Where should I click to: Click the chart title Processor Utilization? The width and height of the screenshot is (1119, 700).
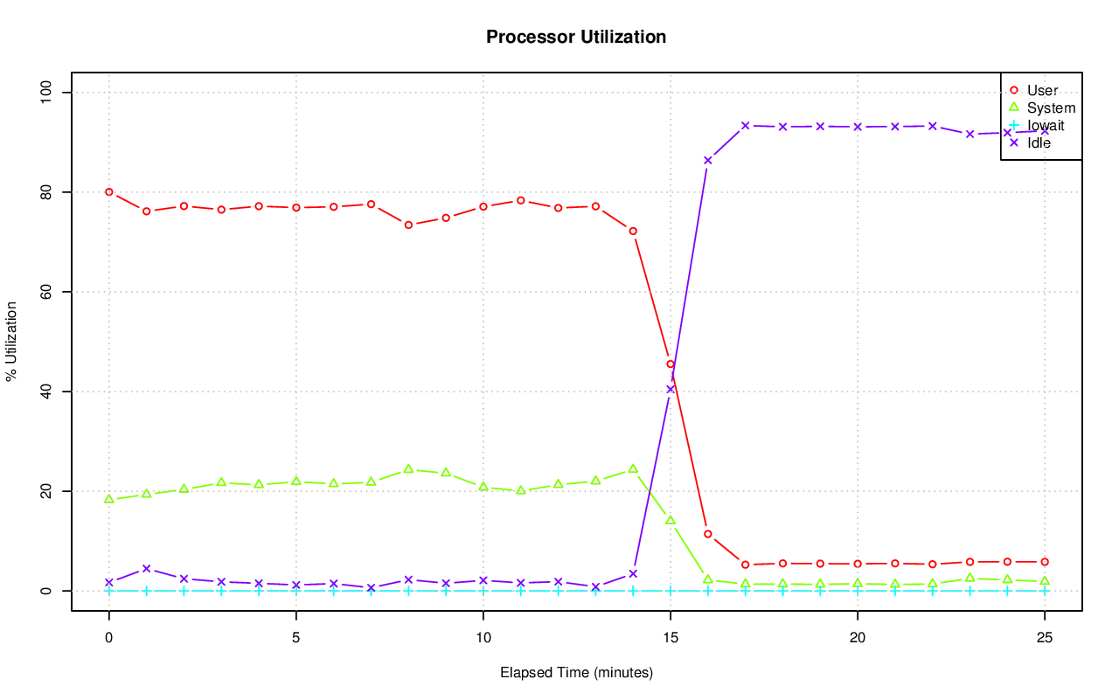tap(576, 37)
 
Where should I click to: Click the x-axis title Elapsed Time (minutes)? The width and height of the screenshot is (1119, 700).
tap(576, 673)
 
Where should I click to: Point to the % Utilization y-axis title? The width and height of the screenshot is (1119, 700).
tap(11, 341)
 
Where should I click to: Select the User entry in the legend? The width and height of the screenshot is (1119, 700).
tap(1042, 90)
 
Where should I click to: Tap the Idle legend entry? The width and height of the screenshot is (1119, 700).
tap(1039, 142)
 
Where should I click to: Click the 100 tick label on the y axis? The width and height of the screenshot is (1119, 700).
tap(45, 93)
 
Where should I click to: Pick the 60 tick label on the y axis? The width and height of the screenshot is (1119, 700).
tap(45, 292)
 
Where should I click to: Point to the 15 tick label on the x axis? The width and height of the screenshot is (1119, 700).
tap(671, 638)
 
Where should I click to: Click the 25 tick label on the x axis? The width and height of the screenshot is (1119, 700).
tap(1045, 638)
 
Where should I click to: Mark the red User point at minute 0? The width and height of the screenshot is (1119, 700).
tap(109, 191)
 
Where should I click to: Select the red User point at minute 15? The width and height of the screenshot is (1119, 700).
tap(671, 364)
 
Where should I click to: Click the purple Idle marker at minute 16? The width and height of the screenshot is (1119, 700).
tap(708, 160)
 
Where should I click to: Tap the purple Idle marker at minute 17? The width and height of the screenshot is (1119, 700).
tap(745, 125)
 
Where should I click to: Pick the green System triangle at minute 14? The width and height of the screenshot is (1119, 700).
tap(633, 469)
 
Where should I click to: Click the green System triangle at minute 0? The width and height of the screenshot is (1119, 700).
tap(109, 499)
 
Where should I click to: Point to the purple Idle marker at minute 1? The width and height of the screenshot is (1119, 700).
tap(147, 568)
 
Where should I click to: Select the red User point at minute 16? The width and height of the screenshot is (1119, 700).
tap(708, 534)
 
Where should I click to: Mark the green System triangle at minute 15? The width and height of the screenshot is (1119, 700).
tap(671, 520)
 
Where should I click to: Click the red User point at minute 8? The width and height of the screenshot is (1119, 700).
tap(408, 225)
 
